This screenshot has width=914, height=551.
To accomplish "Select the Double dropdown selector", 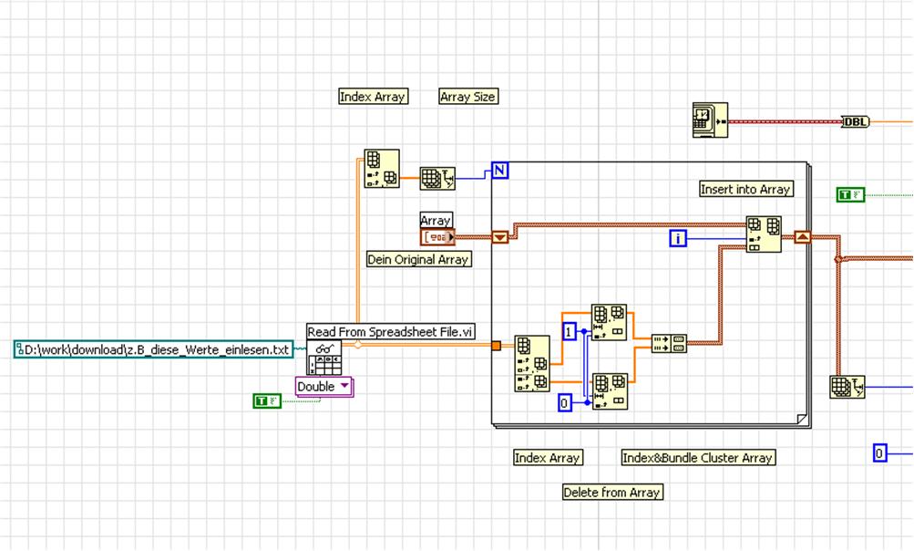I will point(323,387).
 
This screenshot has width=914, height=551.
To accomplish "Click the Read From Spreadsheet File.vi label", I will point(391,332).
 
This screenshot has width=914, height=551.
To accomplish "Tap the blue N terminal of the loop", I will point(499,170).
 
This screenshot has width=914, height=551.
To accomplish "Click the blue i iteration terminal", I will point(677,238).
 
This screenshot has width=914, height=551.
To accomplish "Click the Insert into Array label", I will point(745,189).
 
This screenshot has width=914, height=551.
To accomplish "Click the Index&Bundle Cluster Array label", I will point(698,458).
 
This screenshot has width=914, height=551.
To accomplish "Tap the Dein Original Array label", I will point(418,259).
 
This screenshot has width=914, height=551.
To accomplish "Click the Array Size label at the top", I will point(467,96).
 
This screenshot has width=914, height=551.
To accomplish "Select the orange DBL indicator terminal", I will point(856,122).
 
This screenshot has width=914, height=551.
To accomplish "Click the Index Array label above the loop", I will point(373,96).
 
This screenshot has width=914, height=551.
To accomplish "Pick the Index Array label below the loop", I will point(547,458).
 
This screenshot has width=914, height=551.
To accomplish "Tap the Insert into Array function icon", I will point(764,234).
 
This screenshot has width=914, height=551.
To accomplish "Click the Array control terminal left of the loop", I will point(436,237).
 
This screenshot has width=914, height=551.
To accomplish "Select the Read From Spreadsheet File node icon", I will point(324,359).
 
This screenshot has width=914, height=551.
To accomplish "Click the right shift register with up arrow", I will point(802,237).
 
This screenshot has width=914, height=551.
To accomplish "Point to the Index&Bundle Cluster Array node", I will point(669,343).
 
